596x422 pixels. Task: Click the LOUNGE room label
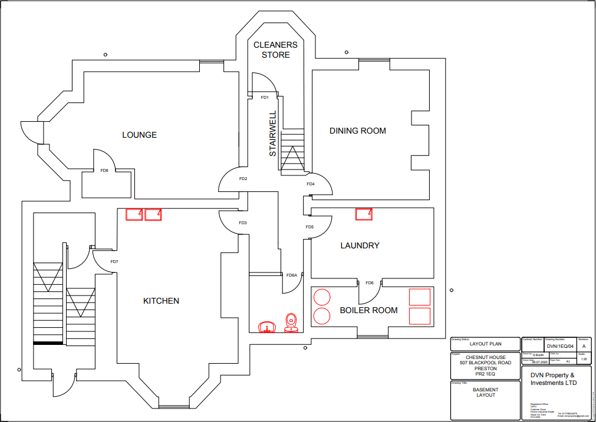pos(139,135)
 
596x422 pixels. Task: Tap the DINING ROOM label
pos(357,131)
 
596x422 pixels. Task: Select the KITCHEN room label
pos(161,301)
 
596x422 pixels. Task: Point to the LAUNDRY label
pos(360,245)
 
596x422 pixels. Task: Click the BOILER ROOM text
pos(368,310)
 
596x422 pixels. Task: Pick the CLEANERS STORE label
pos(275,50)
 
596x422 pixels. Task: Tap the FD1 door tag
pos(265,97)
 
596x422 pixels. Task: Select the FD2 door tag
pos(243,178)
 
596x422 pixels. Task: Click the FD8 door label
pos(104,171)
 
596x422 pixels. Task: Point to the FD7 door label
pos(114,262)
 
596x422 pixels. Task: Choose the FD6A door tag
pos(292,275)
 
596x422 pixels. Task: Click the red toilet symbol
pos(291,323)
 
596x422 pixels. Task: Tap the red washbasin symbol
pos(267,327)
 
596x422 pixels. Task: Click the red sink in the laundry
pos(364,214)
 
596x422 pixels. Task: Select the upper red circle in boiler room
pos(321,297)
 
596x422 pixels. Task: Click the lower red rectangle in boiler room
pos(420,315)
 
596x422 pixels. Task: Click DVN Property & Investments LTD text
pos(552,379)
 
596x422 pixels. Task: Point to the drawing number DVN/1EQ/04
pos(559,347)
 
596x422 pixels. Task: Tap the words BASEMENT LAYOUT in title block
pos(486,392)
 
